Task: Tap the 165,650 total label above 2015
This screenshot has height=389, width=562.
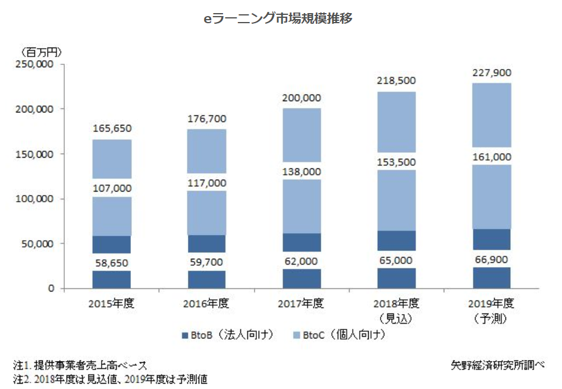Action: tap(112, 128)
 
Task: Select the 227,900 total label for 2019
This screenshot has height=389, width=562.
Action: tap(491, 73)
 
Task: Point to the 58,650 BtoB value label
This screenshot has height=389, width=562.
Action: tap(112, 262)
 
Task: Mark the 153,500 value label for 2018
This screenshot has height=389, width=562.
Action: tap(396, 162)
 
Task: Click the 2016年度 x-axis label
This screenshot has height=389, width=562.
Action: tap(206, 304)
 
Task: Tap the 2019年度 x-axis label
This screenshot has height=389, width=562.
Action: tap(491, 304)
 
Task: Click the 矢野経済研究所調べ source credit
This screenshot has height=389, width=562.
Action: tap(498, 365)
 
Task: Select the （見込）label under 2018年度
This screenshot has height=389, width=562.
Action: tap(396, 318)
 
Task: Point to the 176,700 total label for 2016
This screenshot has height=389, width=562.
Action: tap(206, 119)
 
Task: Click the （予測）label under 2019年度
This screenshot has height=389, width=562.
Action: tap(491, 318)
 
